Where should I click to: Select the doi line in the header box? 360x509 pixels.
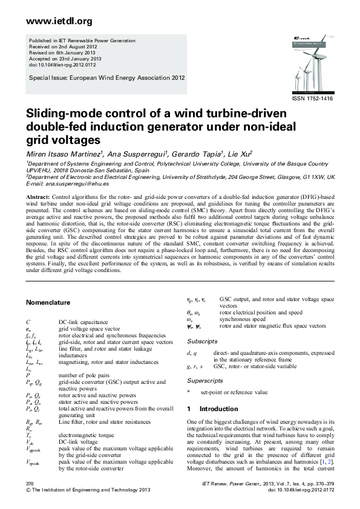pos(59,64)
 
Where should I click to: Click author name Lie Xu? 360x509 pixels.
pos(240,154)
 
